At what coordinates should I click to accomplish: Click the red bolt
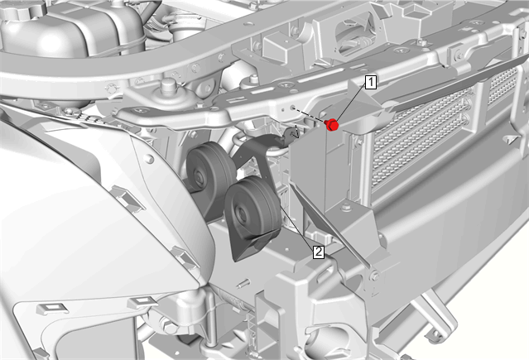pyautogui.click(x=332, y=125)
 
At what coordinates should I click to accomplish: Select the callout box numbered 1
pyautogui.click(x=370, y=82)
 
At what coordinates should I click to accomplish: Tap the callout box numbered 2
pyautogui.click(x=319, y=252)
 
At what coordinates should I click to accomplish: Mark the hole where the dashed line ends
pyautogui.click(x=292, y=108)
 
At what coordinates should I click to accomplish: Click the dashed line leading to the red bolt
pyautogui.click(x=309, y=115)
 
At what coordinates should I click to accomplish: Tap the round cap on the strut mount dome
pyautogui.click(x=168, y=85)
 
